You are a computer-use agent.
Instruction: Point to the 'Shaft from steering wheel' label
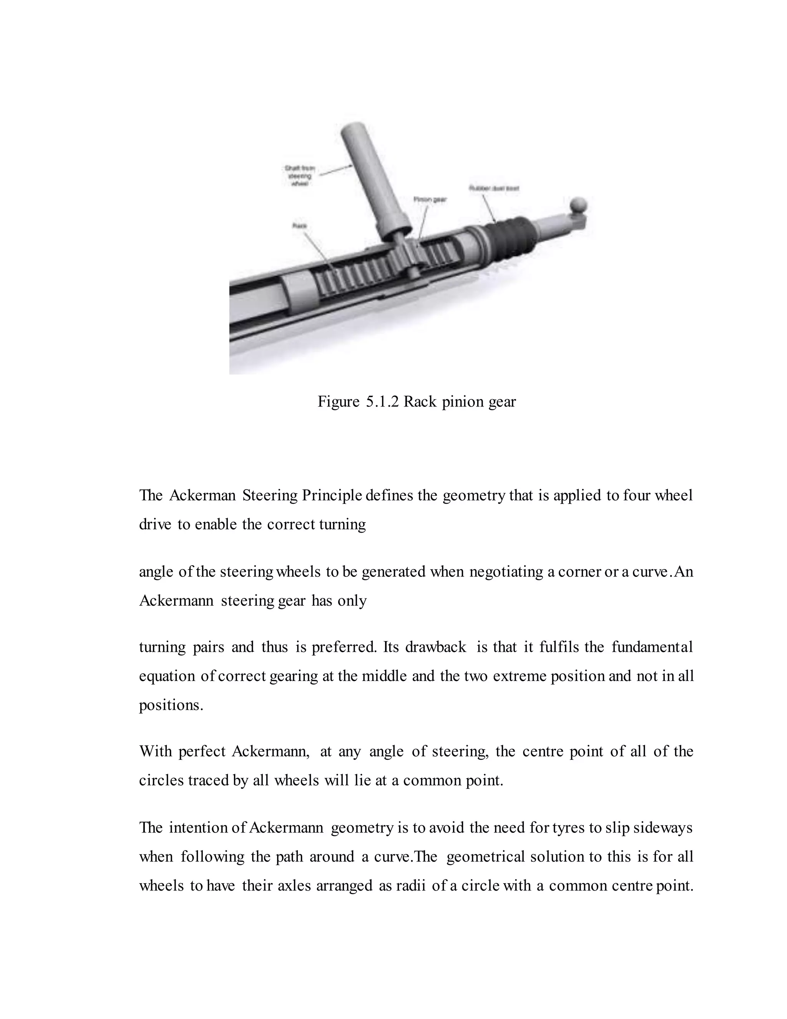tap(299, 175)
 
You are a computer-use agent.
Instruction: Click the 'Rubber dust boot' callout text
tap(494, 188)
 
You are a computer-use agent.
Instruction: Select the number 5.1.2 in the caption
tap(382, 402)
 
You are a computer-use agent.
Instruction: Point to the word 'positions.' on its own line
tap(171, 705)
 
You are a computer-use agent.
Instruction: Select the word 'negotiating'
tap(506, 571)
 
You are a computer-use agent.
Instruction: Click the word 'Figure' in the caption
tap(339, 402)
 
